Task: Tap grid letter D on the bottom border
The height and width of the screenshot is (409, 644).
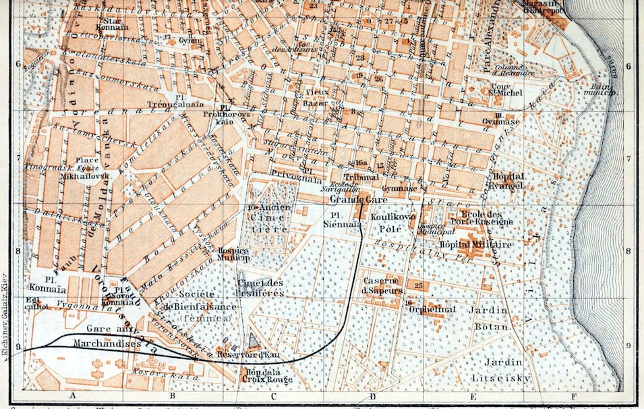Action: [x=371, y=397]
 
